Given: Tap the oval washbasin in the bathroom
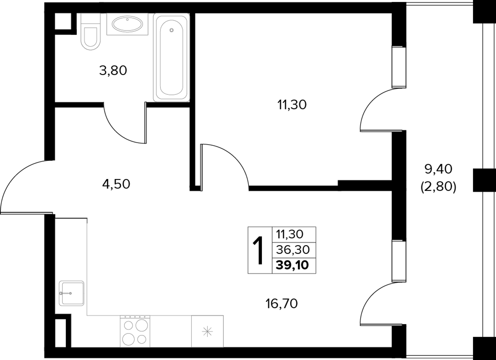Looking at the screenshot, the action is point(127,24).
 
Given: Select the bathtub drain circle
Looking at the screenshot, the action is point(172,30).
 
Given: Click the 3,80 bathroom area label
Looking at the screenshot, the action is point(113,71).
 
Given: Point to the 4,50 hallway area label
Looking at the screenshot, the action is point(116,184).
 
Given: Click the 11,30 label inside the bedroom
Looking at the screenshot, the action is point(292,105).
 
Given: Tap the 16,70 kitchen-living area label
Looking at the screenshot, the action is point(281,304).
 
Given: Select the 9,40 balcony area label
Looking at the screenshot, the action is point(438,169).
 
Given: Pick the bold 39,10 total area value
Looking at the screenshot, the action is point(292,265).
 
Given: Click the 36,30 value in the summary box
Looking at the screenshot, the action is point(293,250).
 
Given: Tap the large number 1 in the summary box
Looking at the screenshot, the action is point(258,250).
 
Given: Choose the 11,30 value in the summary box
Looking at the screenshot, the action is point(289,234).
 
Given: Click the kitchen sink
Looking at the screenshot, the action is point(72,293).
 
